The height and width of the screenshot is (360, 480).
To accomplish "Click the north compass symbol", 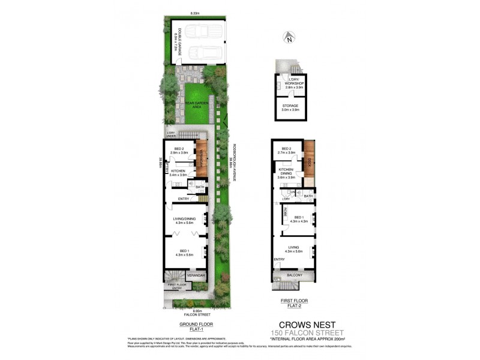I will [289, 39].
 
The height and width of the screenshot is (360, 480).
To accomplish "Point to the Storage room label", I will [290, 107].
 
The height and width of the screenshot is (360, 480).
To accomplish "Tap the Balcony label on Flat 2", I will [293, 275].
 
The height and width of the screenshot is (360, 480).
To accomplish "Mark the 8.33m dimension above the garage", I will [194, 13].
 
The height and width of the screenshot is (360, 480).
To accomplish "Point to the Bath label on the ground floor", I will [200, 187].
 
